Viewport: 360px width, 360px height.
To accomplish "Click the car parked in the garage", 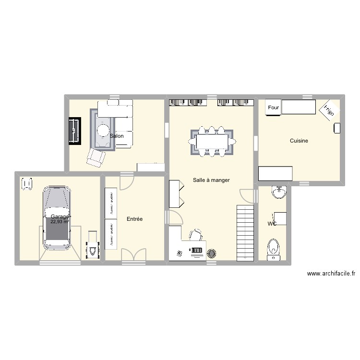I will (57, 218).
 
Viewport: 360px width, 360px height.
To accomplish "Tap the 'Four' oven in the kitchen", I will (274, 108).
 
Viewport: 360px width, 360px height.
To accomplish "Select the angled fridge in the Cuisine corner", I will (328, 110).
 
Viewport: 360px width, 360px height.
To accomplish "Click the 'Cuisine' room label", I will (299, 141).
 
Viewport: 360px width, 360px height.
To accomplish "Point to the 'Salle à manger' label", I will (211, 180).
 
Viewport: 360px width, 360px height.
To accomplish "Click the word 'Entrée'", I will (134, 219).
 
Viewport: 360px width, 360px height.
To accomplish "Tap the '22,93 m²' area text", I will (60, 222).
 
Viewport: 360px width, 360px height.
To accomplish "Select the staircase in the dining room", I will (245, 233).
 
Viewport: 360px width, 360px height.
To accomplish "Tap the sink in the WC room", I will (278, 192).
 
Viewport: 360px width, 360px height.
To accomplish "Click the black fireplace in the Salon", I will (74, 131).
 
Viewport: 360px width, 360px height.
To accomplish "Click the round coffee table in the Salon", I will (104, 130).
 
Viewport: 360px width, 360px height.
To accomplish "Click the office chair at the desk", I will (195, 234).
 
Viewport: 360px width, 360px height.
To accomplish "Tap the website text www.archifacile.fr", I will (331, 274).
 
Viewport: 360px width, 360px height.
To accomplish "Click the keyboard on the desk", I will (197, 251).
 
